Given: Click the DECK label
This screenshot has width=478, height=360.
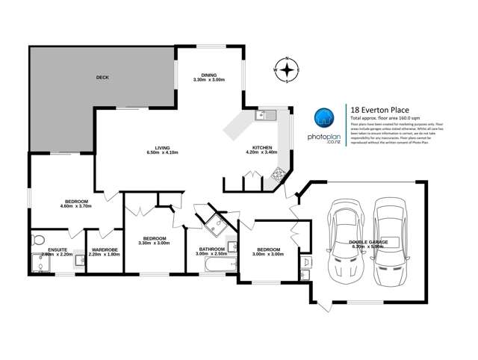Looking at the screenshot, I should pyautogui.click(x=104, y=78).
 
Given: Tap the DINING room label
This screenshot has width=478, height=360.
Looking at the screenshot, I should pyautogui.click(x=209, y=76).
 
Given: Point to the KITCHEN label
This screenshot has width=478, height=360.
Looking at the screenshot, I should pyautogui.click(x=261, y=149).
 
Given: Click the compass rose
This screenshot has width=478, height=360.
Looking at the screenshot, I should pyautogui.click(x=287, y=71).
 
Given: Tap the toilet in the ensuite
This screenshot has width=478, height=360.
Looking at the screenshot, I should pyautogui.click(x=38, y=240).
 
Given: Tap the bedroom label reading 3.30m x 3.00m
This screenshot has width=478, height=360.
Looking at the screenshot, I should pyautogui.click(x=153, y=240).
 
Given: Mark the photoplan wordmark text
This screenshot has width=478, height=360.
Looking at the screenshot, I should pyautogui.click(x=323, y=137).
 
